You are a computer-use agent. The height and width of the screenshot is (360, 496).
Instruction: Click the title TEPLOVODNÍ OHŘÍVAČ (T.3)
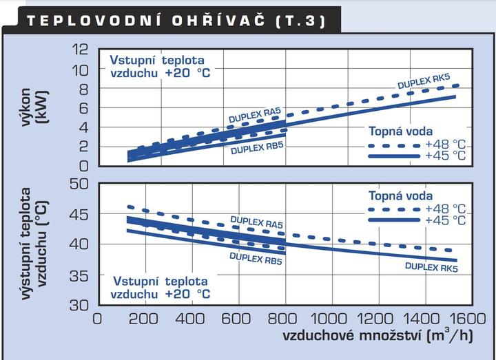click(x=169, y=20)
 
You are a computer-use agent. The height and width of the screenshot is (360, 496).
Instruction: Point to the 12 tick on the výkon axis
click(x=82, y=50)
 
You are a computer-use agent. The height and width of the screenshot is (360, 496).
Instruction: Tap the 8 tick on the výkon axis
click(x=85, y=88)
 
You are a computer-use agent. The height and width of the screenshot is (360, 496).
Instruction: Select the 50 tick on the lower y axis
click(x=81, y=184)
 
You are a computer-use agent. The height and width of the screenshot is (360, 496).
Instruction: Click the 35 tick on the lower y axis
click(x=81, y=275)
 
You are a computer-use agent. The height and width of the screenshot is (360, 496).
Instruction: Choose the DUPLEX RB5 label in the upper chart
click(x=257, y=148)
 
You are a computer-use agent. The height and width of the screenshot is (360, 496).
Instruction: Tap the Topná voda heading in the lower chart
click(x=398, y=195)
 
